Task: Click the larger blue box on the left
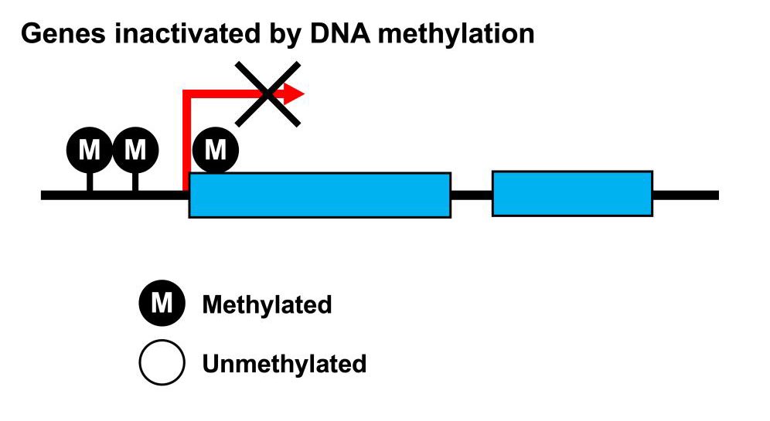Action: [x=319, y=195]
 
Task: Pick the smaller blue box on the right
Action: [x=572, y=193]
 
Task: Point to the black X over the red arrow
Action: [x=267, y=94]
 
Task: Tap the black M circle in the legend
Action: [x=162, y=304]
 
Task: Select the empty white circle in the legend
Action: [x=162, y=362]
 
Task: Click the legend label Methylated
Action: [x=267, y=305]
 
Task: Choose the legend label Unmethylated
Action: [x=284, y=363]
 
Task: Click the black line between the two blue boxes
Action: [x=471, y=195]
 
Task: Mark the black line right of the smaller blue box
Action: [x=685, y=195]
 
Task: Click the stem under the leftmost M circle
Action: [x=90, y=182]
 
